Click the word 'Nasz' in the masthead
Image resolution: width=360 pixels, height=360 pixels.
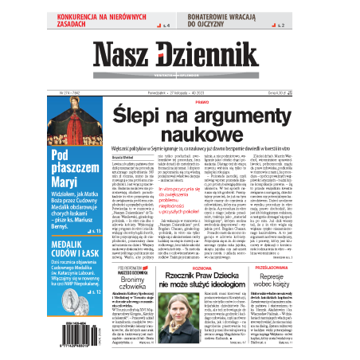(127, 55)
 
